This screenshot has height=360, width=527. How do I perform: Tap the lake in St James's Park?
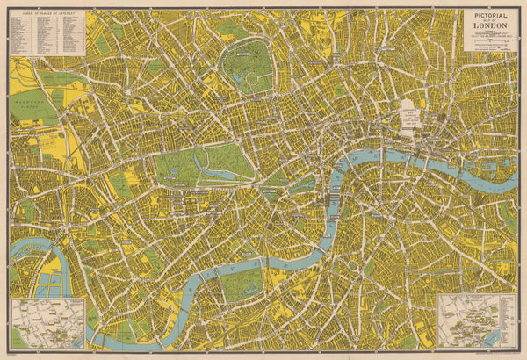point(303,185)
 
